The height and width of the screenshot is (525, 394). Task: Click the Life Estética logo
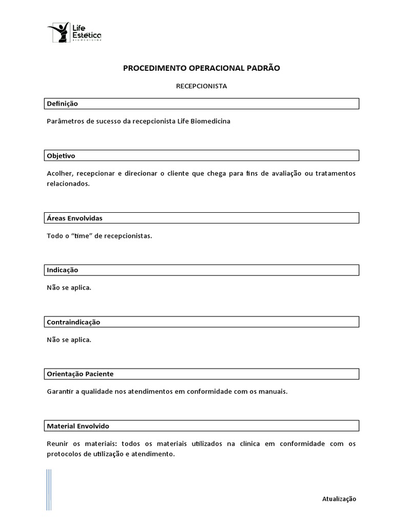click(74, 32)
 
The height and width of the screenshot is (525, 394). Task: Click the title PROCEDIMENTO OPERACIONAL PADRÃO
click(202, 68)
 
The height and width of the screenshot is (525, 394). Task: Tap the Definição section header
click(62, 104)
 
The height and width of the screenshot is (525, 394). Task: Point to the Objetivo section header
click(61, 155)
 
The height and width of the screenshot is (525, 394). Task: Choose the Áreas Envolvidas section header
click(74, 218)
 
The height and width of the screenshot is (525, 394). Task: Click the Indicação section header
click(62, 270)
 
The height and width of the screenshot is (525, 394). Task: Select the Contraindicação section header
click(73, 322)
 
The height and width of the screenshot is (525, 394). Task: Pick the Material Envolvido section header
click(77, 426)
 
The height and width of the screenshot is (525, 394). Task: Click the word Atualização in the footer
click(339, 499)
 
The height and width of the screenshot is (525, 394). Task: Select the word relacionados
click(68, 184)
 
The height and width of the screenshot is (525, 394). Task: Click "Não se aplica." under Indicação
click(69, 288)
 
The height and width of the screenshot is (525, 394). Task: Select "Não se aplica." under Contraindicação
click(69, 340)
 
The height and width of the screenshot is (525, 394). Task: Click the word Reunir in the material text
click(57, 443)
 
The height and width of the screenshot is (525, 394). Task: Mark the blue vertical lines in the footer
click(49, 490)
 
